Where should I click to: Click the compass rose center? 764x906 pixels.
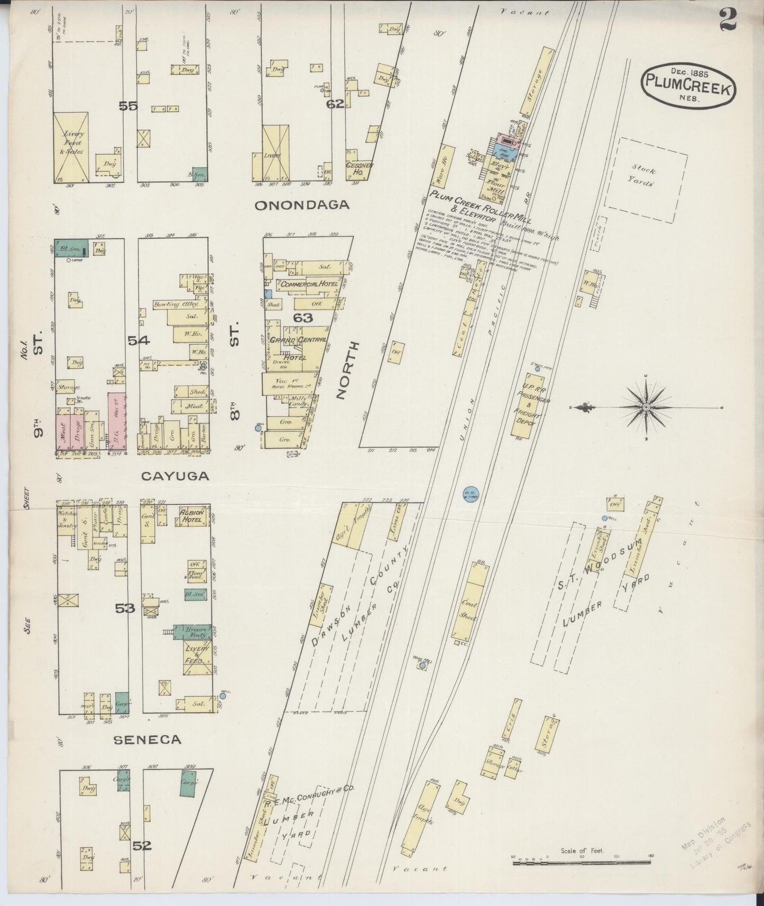click(646, 408)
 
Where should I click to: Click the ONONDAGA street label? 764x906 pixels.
click(302, 206)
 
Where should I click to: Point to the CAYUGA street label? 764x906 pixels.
click(175, 476)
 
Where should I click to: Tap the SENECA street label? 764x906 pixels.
click(148, 741)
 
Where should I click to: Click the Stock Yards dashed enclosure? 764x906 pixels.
click(646, 180)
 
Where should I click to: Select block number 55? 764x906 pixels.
click(128, 106)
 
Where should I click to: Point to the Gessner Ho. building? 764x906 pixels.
click(360, 170)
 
